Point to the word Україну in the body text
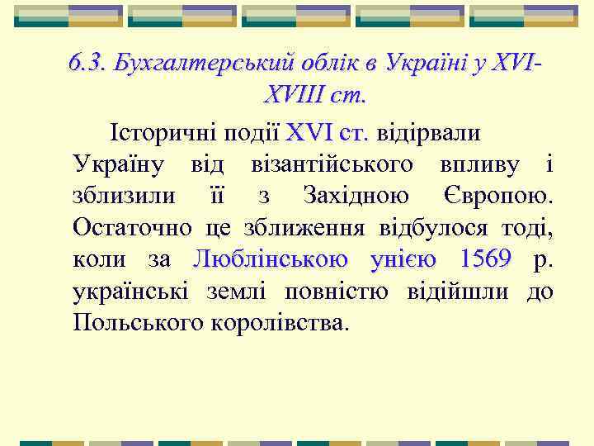[121, 164]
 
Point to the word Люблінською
[271, 259]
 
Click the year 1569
[485, 259]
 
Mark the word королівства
[283, 322]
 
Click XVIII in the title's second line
[289, 94]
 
